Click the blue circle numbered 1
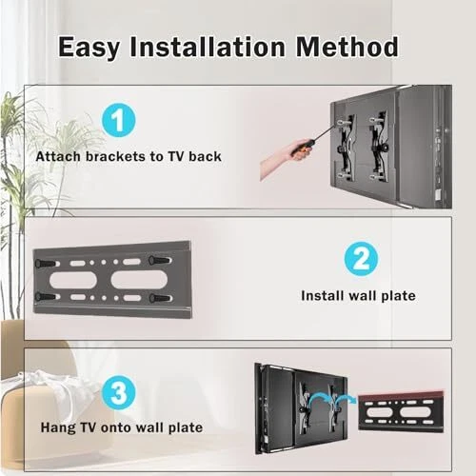tap(119, 120)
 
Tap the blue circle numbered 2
tap(361, 259)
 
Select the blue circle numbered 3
tap(119, 392)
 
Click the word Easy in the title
tap(89, 48)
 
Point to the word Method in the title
tap(347, 47)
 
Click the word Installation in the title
tap(208, 47)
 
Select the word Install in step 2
tap(323, 296)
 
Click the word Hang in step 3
tap(58, 427)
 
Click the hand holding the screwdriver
tap(283, 157)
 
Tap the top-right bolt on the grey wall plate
tap(159, 260)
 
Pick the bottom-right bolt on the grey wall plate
tap(160, 298)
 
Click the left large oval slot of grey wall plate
tap(73, 280)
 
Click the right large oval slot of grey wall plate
tap(139, 279)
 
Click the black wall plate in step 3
tap(401, 411)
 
